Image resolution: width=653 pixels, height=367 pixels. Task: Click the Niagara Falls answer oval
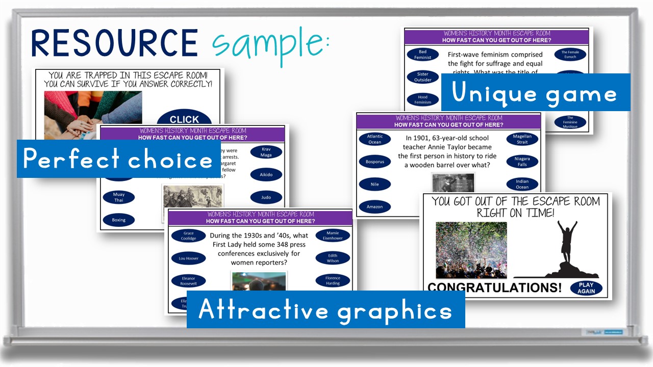(522, 162)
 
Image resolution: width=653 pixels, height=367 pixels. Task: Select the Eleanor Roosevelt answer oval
(188, 281)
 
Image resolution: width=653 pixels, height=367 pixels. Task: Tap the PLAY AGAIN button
(586, 288)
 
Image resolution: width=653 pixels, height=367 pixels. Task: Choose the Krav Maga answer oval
(266, 152)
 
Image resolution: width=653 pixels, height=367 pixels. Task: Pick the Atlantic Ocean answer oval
(374, 139)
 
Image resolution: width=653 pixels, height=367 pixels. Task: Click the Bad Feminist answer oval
(422, 55)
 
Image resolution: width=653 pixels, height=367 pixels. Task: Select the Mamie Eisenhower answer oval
(333, 235)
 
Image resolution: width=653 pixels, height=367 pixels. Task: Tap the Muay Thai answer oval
(118, 197)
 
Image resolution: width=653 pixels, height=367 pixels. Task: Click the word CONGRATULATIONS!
(494, 287)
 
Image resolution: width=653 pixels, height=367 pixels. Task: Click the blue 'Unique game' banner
(535, 93)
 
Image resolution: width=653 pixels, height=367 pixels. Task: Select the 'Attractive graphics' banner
(325, 309)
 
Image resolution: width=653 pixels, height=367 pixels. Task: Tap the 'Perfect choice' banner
(118, 159)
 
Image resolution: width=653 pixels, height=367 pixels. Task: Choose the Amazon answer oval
(374, 206)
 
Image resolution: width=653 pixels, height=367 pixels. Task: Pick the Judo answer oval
(266, 197)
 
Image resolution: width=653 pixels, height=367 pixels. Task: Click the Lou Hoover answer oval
(188, 258)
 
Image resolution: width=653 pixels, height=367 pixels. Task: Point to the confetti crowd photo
(471, 250)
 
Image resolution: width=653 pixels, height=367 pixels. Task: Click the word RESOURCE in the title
(114, 43)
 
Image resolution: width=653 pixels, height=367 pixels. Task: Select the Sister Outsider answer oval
(422, 77)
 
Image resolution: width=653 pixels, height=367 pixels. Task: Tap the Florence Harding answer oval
(333, 280)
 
